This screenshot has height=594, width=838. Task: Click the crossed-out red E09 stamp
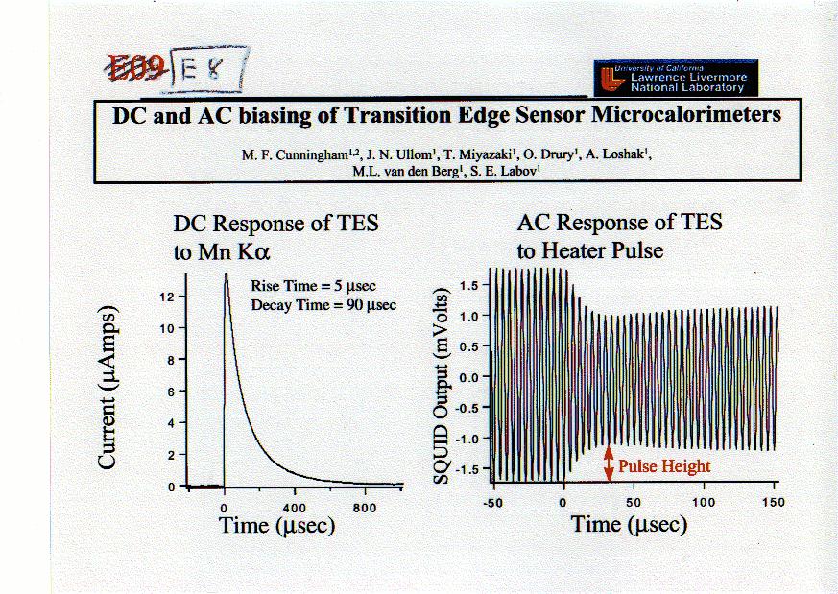138,66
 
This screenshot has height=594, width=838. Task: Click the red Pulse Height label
664,466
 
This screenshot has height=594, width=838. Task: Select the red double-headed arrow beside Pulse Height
608,465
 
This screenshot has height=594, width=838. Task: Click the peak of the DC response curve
227,273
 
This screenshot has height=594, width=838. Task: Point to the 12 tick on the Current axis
166,297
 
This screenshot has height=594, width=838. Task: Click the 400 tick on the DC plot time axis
295,507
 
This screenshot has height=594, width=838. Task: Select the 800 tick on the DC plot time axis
365,507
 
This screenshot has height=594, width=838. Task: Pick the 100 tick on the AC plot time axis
705,502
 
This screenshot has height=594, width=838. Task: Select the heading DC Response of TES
275,224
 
